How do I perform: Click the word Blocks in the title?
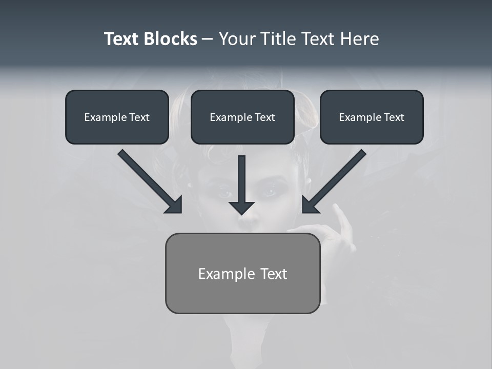pyautogui.click(x=170, y=39)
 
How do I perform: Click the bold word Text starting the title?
pyautogui.click(x=122, y=39)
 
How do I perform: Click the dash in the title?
pyautogui.click(x=208, y=39)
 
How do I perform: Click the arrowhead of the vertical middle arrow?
pyautogui.click(x=242, y=208)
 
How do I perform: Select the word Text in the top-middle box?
pyautogui.click(x=265, y=117)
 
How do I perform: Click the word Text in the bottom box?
pyautogui.click(x=274, y=274)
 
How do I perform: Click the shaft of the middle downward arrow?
pyautogui.click(x=242, y=177)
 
